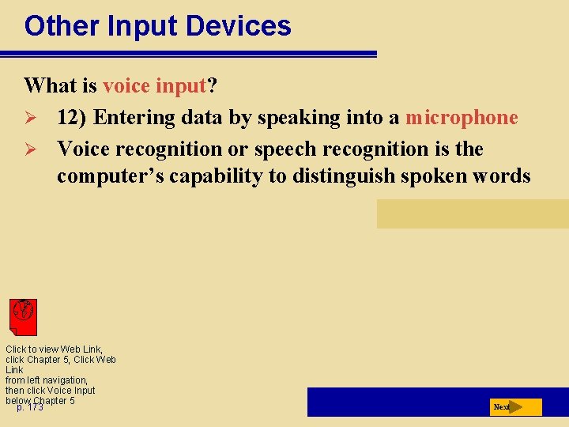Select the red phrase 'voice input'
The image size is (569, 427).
154,85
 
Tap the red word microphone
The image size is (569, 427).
462,118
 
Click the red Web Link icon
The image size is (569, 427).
23,316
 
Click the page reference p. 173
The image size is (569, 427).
30,407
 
